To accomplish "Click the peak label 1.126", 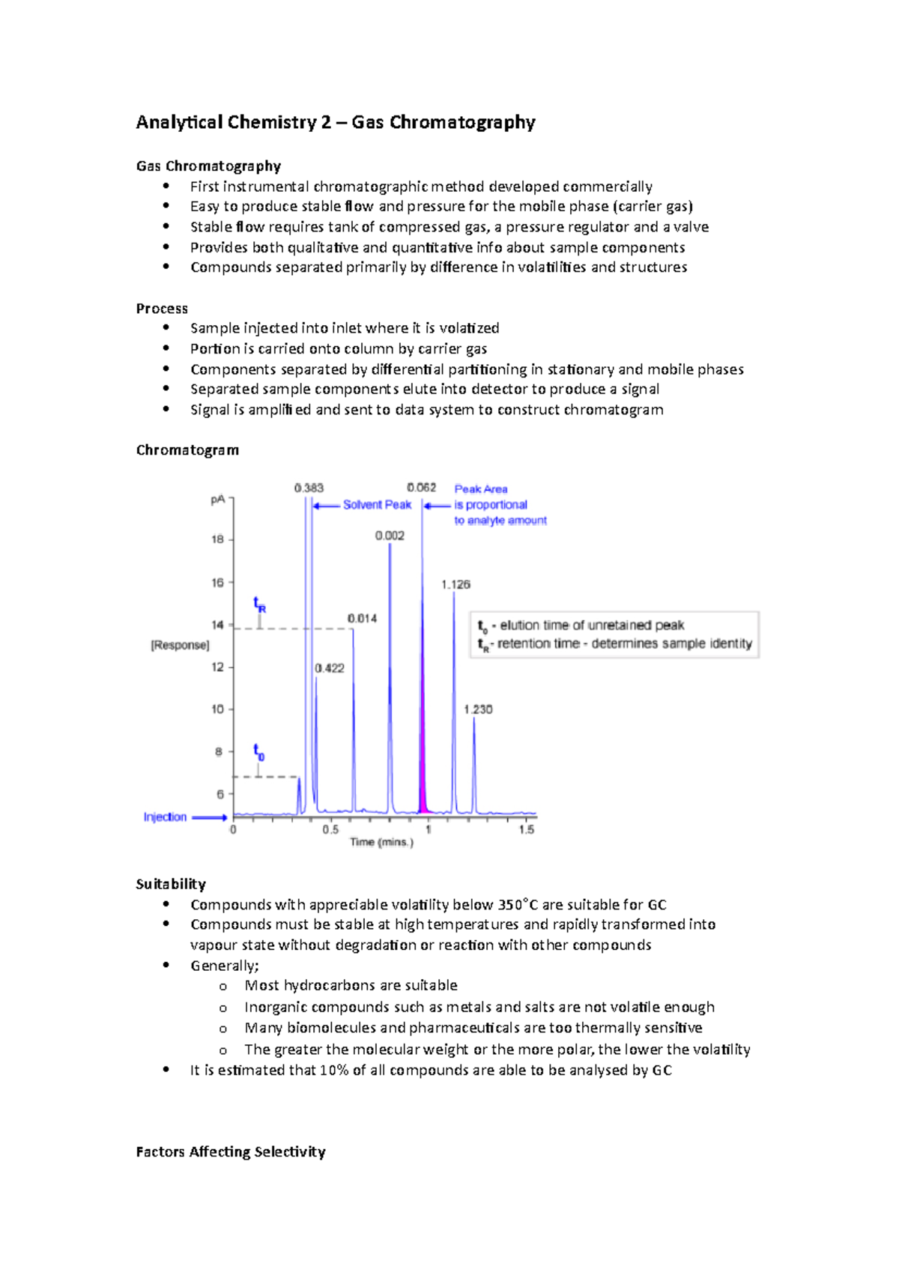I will (455, 584).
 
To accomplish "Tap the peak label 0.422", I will (330, 668).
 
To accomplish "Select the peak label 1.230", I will (478, 709).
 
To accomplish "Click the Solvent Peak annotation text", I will (377, 505).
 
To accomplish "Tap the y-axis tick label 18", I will (217, 539).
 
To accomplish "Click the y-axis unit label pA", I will (217, 500).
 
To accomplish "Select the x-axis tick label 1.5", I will (527, 830).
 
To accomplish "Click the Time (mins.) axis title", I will (381, 842).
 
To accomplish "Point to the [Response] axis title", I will (180, 645).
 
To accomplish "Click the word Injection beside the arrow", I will (165, 817).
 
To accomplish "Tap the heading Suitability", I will (171, 884).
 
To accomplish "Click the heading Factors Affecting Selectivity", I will (231, 1152).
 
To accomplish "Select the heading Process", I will (162, 309).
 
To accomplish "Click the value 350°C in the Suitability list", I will (518, 905).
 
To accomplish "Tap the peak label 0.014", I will (362, 619).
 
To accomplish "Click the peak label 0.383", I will (309, 488).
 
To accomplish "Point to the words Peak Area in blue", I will (481, 489).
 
